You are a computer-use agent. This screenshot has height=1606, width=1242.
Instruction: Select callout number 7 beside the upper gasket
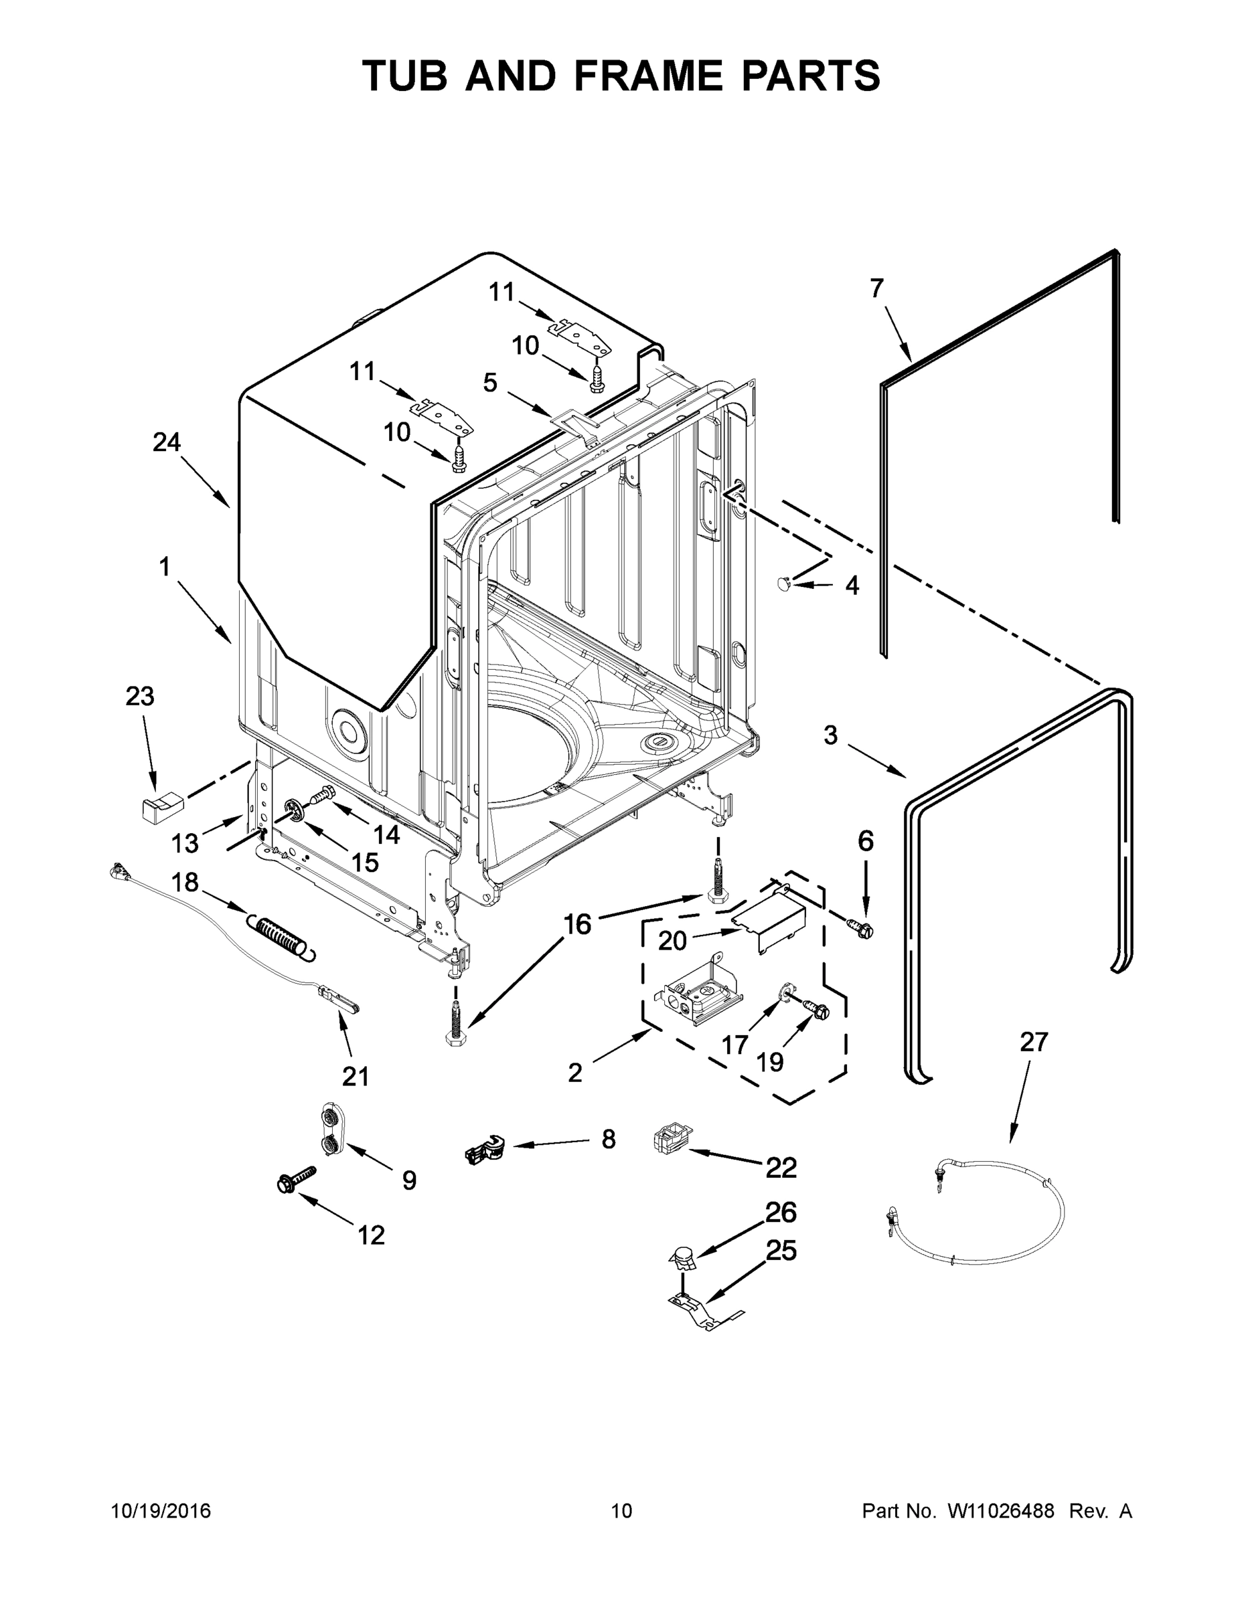tap(876, 288)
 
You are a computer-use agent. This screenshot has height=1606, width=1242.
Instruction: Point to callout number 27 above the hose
tap(1033, 1041)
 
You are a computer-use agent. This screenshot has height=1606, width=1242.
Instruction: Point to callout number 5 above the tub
tap(490, 382)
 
